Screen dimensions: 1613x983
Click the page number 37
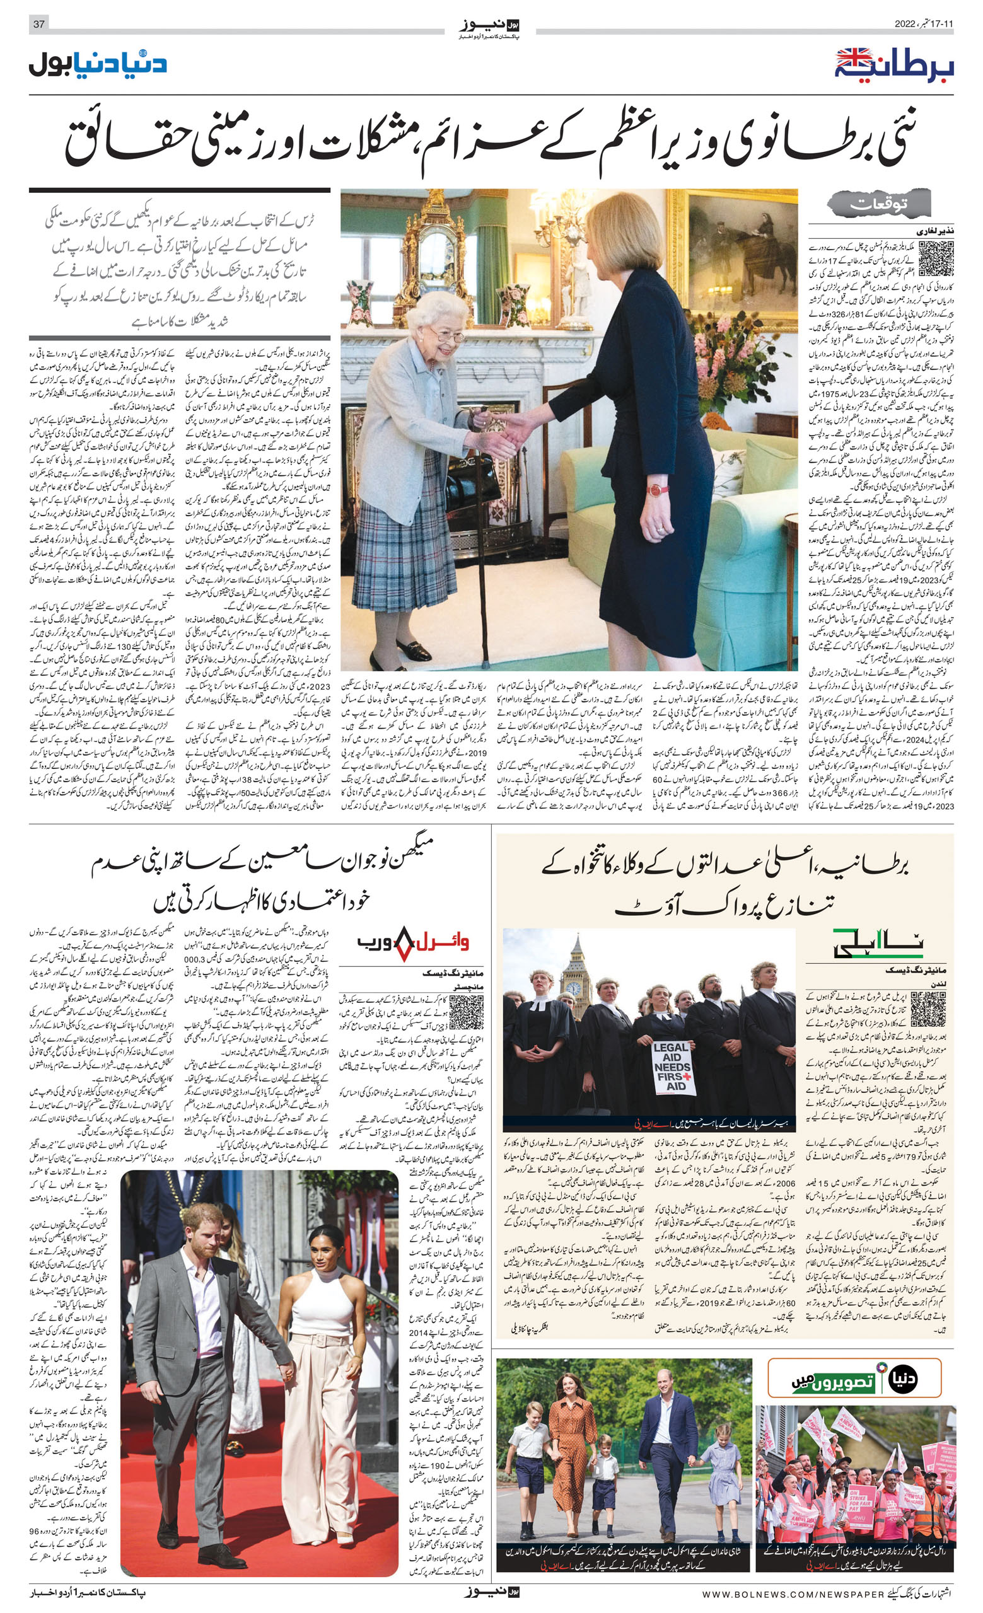click(x=38, y=24)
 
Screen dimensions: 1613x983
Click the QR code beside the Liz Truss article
click(x=936, y=258)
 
